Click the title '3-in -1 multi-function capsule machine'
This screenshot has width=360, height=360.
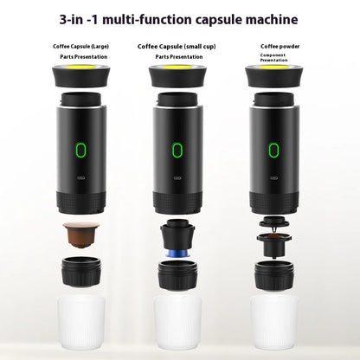coord(179,18)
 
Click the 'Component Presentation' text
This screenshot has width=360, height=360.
coord(275,57)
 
